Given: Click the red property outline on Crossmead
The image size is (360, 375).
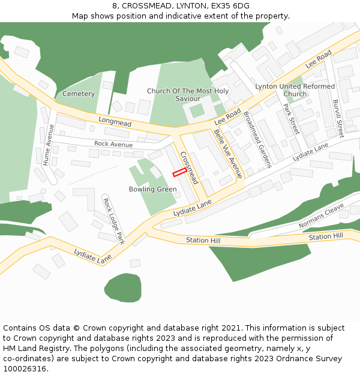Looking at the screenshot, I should (x=179, y=173).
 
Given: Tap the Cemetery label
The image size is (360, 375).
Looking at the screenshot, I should (x=79, y=94).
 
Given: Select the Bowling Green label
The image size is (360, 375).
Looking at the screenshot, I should (x=152, y=190).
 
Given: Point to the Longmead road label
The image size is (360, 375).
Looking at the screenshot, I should (x=115, y=123).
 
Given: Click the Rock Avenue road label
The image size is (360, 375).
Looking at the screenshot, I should (x=113, y=144).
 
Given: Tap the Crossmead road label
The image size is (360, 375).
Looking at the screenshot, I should (x=188, y=167).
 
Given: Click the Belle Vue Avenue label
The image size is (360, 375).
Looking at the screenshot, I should (x=228, y=154).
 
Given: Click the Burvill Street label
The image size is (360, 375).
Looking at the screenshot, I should (x=338, y=119).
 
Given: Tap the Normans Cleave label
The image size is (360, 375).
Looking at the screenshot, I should (x=322, y=215).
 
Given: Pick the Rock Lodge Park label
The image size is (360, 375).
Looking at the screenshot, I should (x=113, y=221).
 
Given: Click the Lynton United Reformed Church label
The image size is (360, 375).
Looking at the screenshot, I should (x=295, y=90).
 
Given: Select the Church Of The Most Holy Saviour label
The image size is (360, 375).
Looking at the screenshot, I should (x=188, y=95).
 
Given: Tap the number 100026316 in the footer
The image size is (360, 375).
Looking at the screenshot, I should (x=25, y=369).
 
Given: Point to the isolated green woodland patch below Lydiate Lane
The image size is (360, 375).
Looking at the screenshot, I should (x=122, y=287).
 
